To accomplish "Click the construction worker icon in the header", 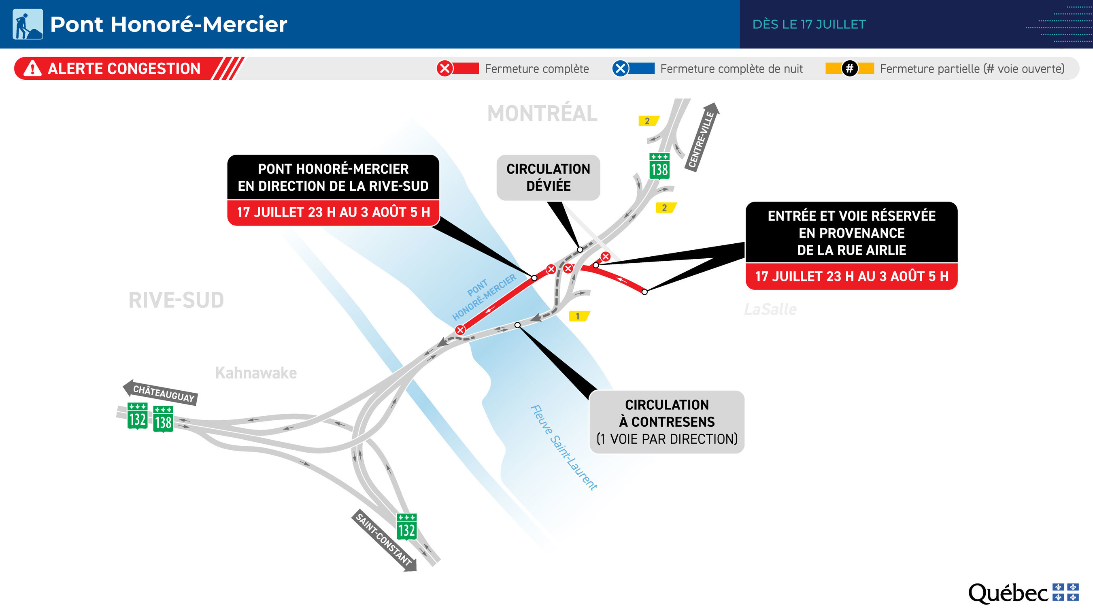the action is tap(28, 24).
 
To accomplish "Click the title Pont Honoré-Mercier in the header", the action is tap(168, 24).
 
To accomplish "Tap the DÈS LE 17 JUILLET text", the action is tap(809, 24).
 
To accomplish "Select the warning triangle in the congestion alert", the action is tap(32, 68).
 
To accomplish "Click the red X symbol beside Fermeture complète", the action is tap(444, 68).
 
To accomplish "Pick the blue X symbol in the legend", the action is tap(620, 68).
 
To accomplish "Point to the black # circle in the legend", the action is tap(849, 68).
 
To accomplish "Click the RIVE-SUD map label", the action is tap(176, 300).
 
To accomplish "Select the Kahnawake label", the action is tap(256, 372).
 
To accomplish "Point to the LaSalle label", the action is tap(770, 309).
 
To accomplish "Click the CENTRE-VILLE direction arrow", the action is tap(702, 137).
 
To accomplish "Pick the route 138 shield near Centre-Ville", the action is tap(659, 166).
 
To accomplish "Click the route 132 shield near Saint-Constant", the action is tap(406, 526).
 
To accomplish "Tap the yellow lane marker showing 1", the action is tap(579, 316).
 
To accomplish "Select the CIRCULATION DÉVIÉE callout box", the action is tap(548, 177).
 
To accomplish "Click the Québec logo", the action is tap(1023, 593).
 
